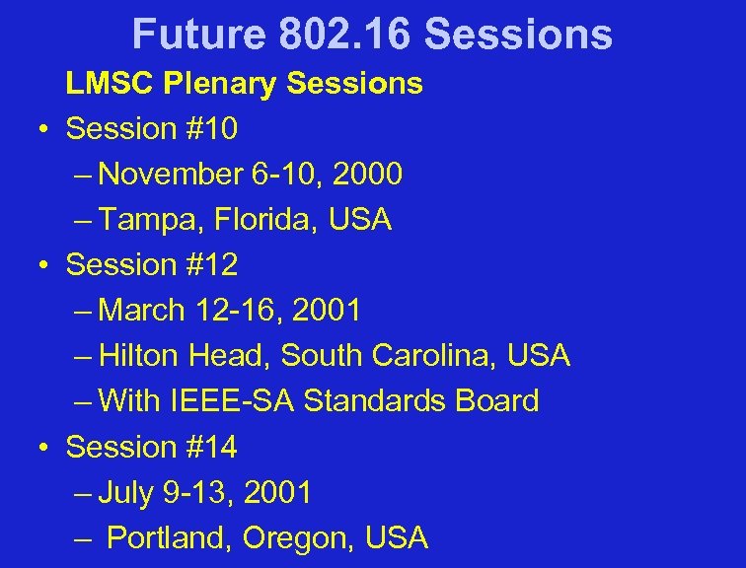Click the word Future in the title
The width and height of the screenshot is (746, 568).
(198, 35)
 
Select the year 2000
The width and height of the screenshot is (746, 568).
(368, 175)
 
